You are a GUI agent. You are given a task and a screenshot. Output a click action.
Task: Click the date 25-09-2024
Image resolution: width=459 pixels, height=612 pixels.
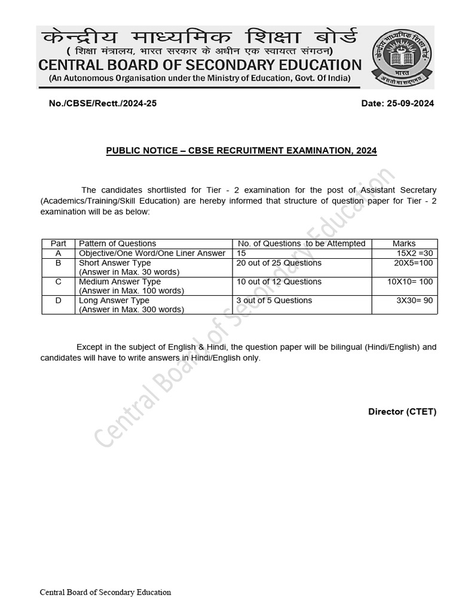(x=397, y=103)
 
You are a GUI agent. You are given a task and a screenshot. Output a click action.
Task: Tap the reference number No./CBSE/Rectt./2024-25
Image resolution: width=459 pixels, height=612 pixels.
(x=103, y=103)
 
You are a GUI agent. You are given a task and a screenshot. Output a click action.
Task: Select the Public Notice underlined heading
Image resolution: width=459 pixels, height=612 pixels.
(x=241, y=151)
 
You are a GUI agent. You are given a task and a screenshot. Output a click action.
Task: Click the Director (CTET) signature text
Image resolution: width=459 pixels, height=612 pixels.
(x=402, y=412)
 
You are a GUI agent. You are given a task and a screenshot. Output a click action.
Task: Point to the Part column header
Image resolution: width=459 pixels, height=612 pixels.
(x=59, y=243)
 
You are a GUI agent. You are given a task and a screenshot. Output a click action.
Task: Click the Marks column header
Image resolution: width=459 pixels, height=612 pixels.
(x=404, y=243)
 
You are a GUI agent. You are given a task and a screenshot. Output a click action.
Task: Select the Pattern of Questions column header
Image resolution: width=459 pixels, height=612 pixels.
(x=118, y=243)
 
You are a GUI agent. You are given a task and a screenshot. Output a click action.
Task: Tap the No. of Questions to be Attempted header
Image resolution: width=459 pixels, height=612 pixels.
(x=301, y=243)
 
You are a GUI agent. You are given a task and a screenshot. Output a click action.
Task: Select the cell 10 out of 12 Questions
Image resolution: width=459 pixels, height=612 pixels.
(x=279, y=281)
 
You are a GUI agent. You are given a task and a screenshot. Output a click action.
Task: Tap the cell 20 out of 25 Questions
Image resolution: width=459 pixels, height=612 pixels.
(x=279, y=263)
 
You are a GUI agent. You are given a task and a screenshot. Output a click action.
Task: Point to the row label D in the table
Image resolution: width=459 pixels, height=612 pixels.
(x=59, y=301)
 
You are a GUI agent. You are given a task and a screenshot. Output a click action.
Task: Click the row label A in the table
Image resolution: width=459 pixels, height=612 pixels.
(x=59, y=253)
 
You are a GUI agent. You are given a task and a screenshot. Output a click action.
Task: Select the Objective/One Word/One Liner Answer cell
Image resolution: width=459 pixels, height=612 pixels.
(x=152, y=253)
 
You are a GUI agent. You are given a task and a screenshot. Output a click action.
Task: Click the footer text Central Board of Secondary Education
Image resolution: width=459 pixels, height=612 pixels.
(x=105, y=592)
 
